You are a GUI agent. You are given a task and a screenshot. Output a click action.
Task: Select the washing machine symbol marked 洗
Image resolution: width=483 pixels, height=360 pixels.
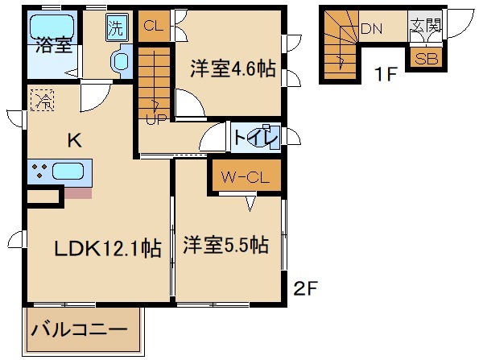click(116, 29)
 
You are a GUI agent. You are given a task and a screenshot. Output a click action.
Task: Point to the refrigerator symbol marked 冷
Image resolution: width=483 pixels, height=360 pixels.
click(39, 101)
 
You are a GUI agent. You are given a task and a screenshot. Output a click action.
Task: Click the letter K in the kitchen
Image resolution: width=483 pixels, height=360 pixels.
click(73, 140)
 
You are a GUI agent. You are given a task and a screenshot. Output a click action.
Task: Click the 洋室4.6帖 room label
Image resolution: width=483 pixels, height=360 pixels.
click(233, 68)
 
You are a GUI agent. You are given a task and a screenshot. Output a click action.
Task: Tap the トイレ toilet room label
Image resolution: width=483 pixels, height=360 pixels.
click(256, 138)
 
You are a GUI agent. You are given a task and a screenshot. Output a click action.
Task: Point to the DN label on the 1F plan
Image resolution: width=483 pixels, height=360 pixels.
click(371, 29)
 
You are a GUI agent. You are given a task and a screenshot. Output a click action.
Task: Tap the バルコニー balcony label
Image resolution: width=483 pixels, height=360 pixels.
click(79, 330)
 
